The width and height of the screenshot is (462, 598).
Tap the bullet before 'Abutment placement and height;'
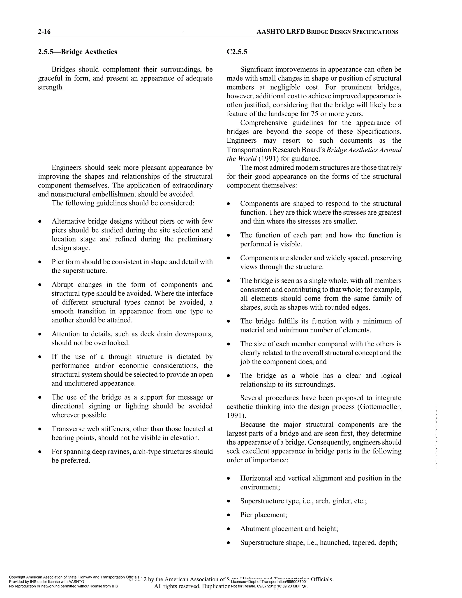point(229,529)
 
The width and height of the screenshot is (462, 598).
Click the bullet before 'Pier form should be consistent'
point(40,262)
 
